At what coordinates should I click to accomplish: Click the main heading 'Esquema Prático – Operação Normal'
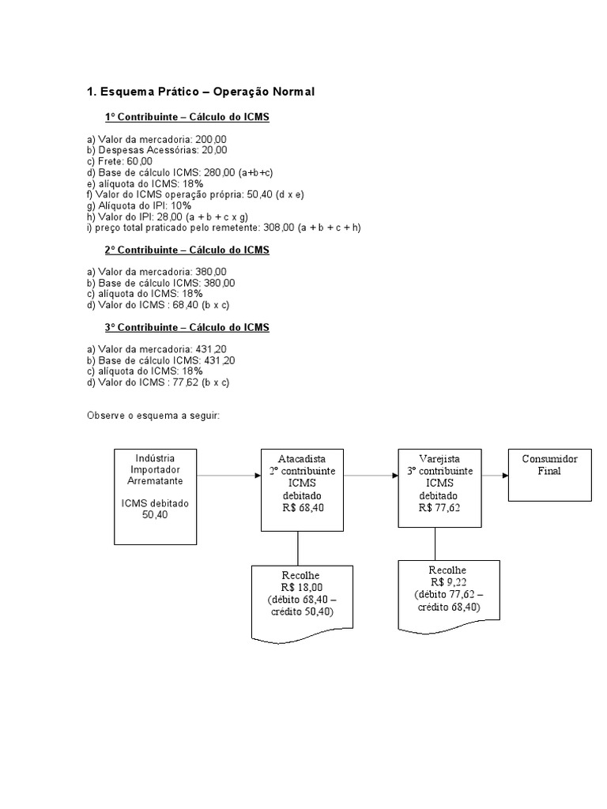point(200,92)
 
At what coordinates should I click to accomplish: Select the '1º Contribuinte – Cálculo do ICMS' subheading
point(187,118)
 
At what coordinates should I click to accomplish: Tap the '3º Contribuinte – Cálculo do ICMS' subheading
point(187,326)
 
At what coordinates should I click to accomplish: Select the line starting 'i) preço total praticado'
point(224,227)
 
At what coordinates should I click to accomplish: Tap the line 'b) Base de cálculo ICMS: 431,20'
point(160,359)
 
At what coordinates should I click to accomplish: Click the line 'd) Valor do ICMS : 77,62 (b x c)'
point(158,382)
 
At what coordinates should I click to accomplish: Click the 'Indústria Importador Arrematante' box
point(155,496)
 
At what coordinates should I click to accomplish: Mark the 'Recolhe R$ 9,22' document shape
point(448,593)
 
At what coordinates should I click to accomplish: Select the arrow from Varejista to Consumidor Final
point(494,476)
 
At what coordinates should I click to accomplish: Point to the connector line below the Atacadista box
point(297,547)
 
